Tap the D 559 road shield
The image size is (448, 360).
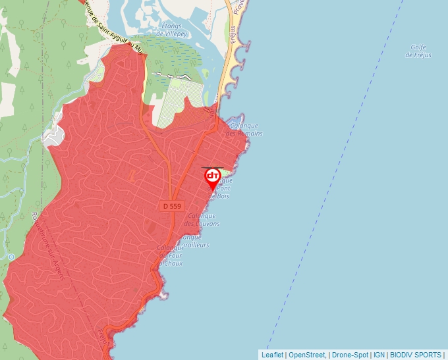coord(171,206)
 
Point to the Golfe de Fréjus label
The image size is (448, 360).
coord(418,51)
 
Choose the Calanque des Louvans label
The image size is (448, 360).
coord(202,220)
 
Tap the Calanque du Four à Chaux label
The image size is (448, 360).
coord(170,255)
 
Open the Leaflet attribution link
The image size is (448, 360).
coord(272,355)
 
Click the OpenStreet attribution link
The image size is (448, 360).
coord(307,355)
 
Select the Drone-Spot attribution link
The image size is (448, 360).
coord(349,355)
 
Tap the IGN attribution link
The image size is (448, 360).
coord(379,355)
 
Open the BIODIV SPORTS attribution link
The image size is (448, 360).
coord(416,355)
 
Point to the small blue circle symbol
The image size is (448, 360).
coord(11,256)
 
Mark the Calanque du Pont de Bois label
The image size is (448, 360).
coord(222,188)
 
